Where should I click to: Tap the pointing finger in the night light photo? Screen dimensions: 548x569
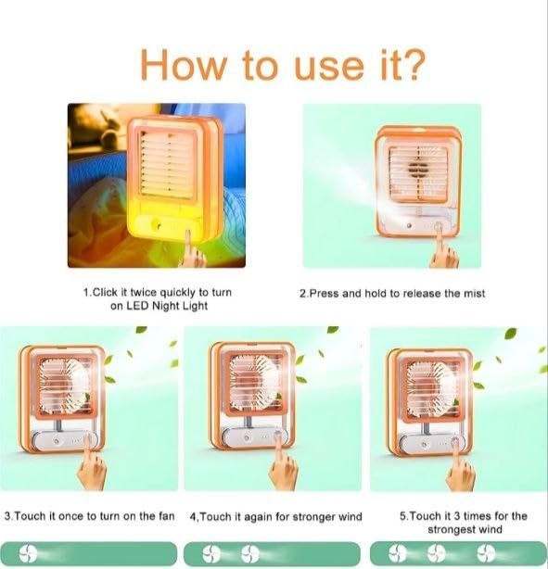[192, 249]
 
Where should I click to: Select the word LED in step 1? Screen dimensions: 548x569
[137, 306]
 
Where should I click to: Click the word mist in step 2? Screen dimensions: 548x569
[472, 293]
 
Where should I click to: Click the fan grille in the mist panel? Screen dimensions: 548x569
[418, 173]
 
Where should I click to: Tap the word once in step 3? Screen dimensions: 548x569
[70, 516]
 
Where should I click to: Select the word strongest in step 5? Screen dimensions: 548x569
[452, 529]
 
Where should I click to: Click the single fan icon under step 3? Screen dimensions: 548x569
[28, 554]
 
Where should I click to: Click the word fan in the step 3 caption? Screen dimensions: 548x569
[167, 516]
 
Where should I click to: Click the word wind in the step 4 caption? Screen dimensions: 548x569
[350, 517]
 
